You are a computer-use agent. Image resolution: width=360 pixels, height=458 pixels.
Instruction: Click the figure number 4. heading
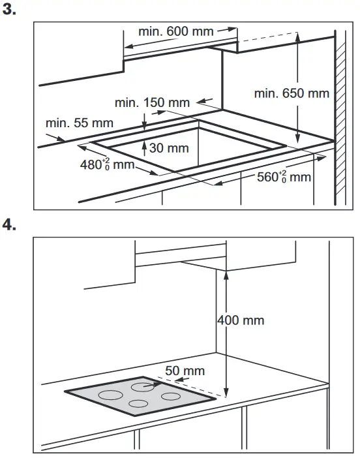10,224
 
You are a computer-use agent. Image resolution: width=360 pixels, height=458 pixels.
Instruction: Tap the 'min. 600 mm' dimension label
177,31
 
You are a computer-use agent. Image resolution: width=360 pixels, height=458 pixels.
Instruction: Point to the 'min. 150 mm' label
152,102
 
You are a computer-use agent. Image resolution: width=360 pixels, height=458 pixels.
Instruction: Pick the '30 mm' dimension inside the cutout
169,148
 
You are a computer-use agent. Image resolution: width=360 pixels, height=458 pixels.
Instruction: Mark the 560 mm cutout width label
283,176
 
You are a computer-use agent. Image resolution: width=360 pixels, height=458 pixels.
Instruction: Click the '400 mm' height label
241,320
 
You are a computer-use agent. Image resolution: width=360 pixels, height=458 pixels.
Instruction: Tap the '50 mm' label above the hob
184,371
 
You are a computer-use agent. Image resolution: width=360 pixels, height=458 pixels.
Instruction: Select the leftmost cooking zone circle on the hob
110,395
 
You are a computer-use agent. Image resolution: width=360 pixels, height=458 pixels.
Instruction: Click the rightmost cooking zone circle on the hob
171,396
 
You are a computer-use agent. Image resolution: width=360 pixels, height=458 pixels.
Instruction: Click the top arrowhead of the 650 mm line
297,37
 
